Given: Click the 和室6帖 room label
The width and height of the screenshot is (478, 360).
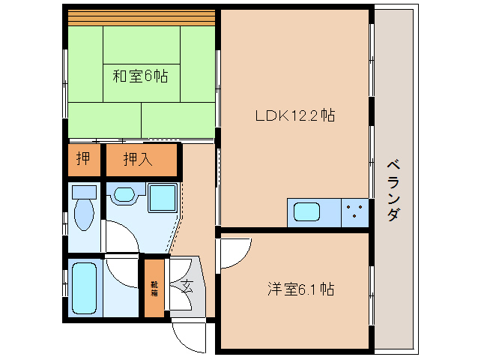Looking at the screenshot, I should pos(140,76).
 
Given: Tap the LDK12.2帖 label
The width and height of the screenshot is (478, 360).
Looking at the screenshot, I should pos(295,115).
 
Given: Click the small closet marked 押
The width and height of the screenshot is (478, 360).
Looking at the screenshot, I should pos(82,159).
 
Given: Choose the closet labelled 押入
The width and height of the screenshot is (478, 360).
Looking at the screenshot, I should pos(140,159).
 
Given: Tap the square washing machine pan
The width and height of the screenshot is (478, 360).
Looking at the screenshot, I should pos(162,198).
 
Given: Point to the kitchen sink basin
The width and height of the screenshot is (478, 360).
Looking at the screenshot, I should pos(308,212).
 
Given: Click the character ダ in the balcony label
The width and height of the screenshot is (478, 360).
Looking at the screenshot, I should pos(393,216).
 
